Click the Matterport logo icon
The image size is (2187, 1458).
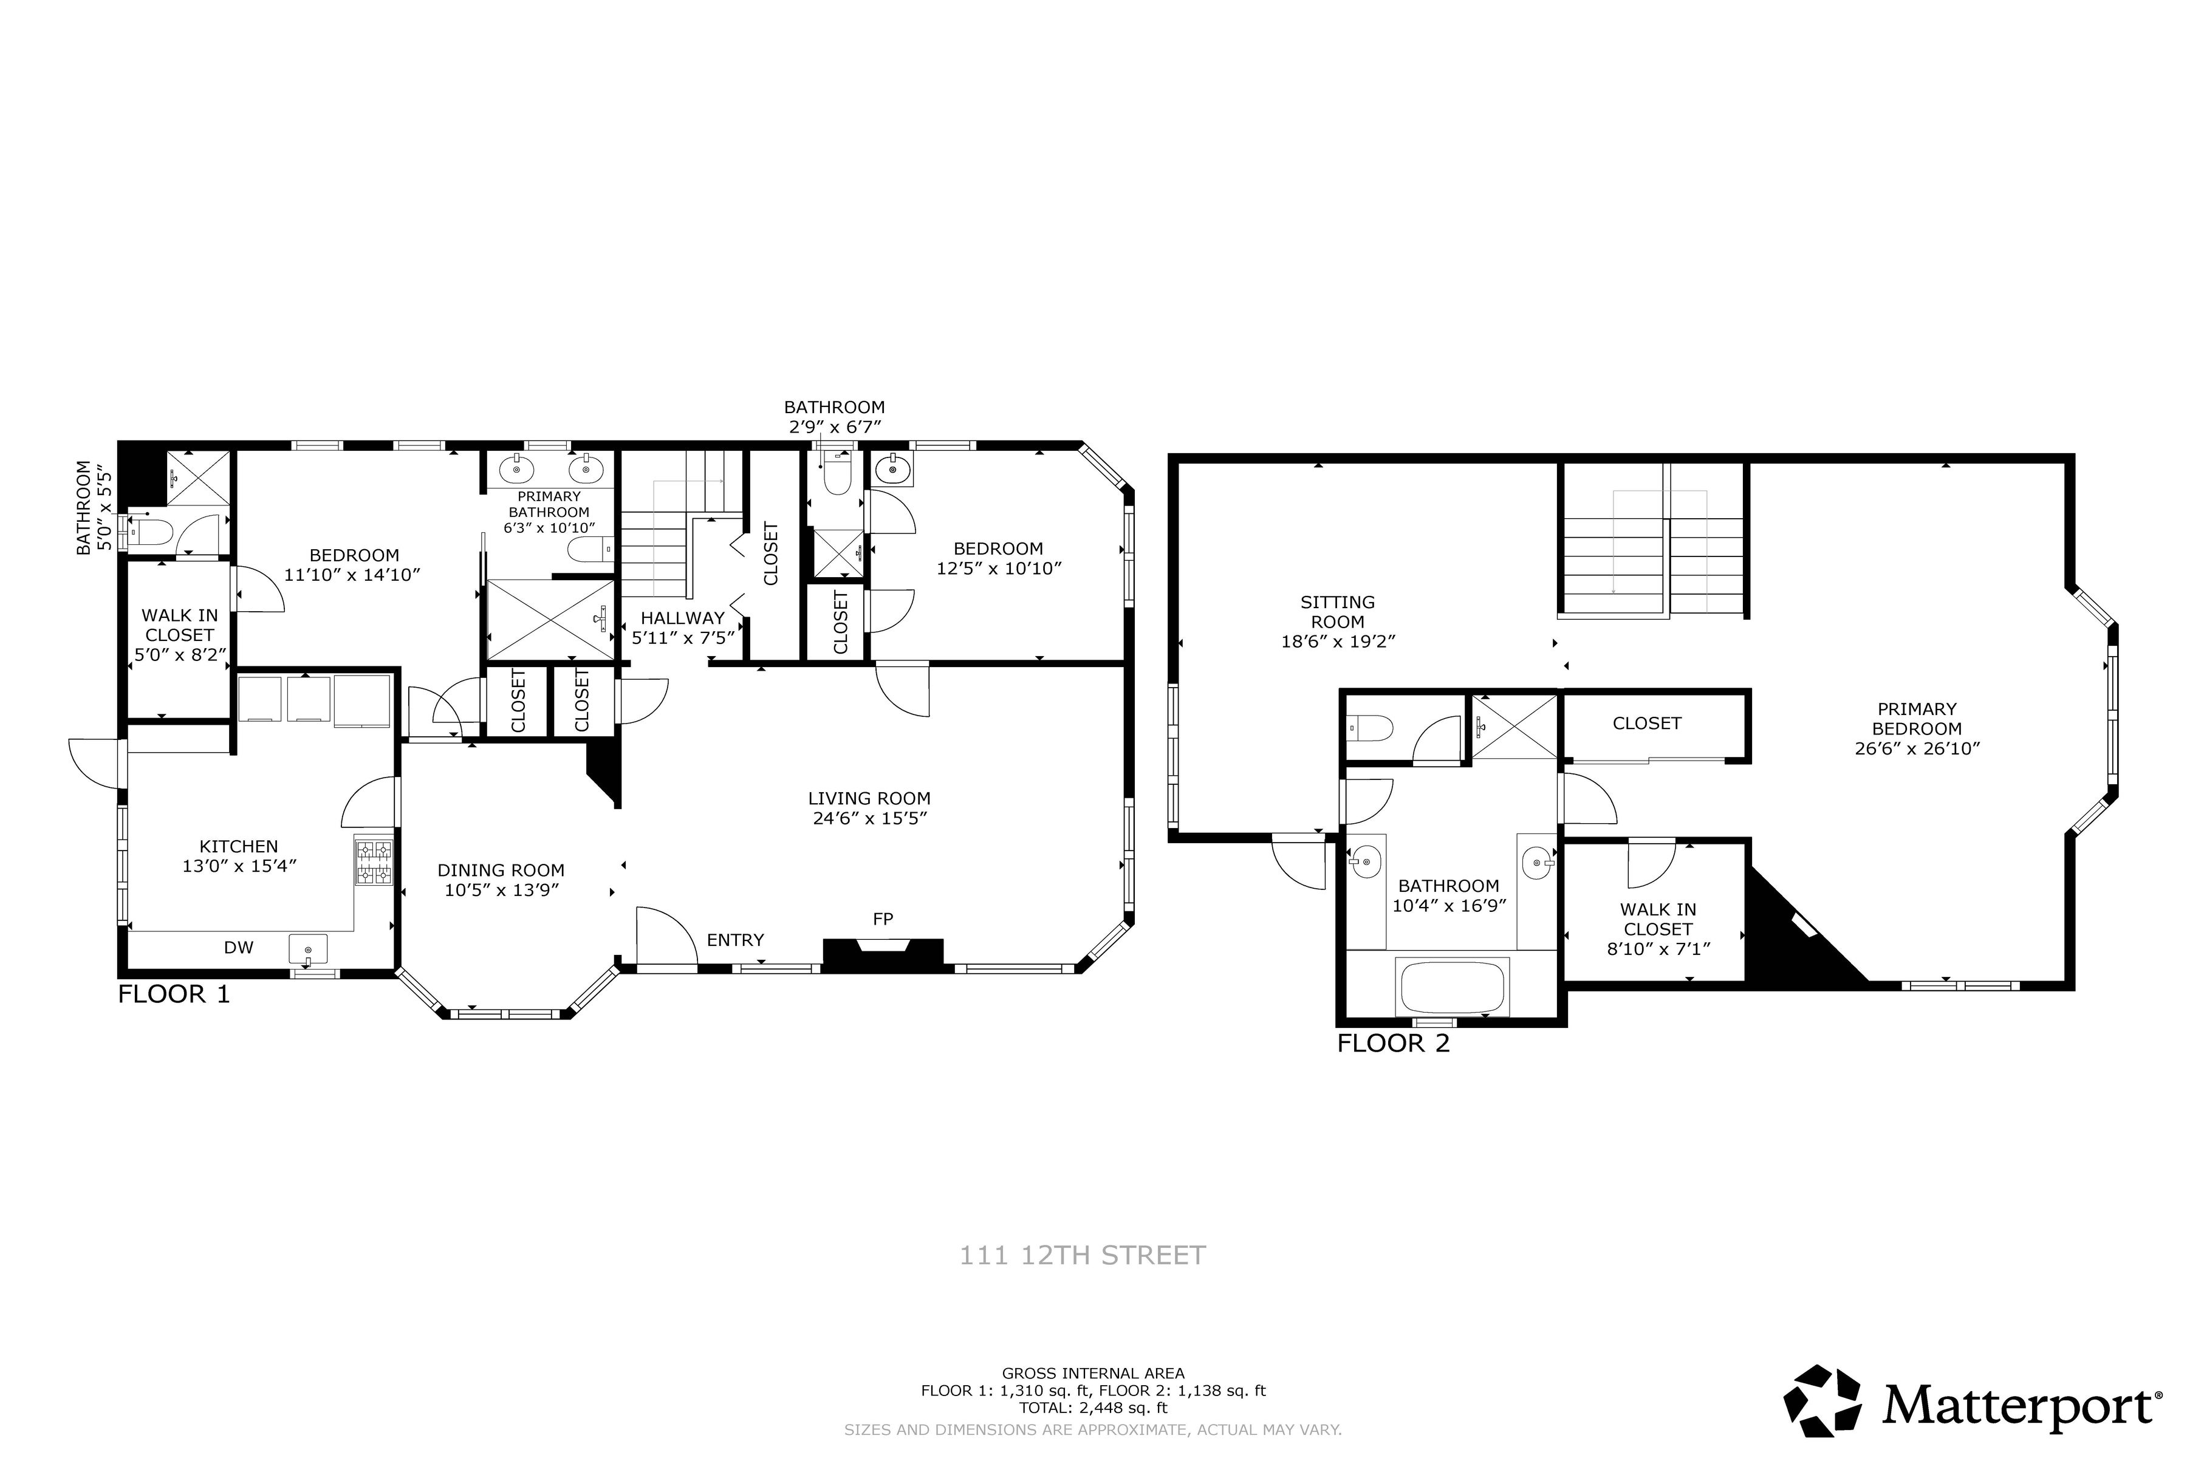pyautogui.click(x=1823, y=1400)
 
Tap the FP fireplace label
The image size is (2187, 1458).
pyautogui.click(x=883, y=919)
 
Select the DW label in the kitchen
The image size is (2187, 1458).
pyautogui.click(x=239, y=948)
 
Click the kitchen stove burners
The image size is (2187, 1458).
pyautogui.click(x=374, y=861)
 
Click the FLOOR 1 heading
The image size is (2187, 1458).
pyautogui.click(x=174, y=995)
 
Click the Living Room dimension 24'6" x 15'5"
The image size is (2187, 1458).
pyautogui.click(x=869, y=819)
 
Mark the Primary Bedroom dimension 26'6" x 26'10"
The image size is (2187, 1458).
pyautogui.click(x=1917, y=748)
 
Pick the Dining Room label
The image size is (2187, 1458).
pyautogui.click(x=501, y=871)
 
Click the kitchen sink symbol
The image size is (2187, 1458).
pyautogui.click(x=308, y=950)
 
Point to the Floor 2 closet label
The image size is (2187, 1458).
pyautogui.click(x=1647, y=724)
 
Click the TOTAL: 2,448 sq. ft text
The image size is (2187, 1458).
pyautogui.click(x=1093, y=1408)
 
